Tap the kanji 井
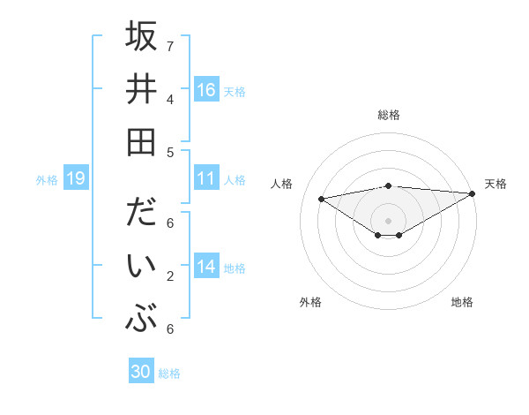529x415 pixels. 141,89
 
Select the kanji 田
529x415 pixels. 141,142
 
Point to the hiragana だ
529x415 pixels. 141,215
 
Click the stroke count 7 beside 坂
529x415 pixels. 170,45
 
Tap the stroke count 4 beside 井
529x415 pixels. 170,98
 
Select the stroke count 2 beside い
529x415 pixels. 170,276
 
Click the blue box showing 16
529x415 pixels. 206,89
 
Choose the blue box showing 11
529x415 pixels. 206,178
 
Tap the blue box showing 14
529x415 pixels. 206,268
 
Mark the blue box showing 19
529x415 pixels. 75,179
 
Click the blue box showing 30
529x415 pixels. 141,372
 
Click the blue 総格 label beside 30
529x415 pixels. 169,373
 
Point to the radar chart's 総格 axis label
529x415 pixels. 388,115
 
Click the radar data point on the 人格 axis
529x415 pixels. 321,198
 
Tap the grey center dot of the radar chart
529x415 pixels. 388,220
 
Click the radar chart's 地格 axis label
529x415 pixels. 462,302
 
